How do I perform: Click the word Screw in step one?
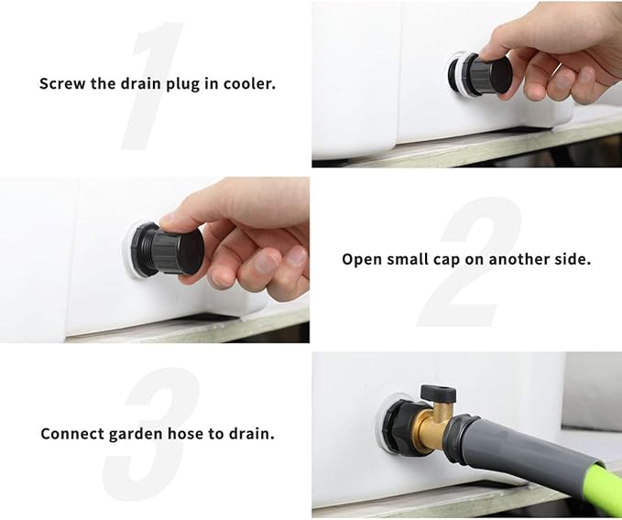[60, 83]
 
